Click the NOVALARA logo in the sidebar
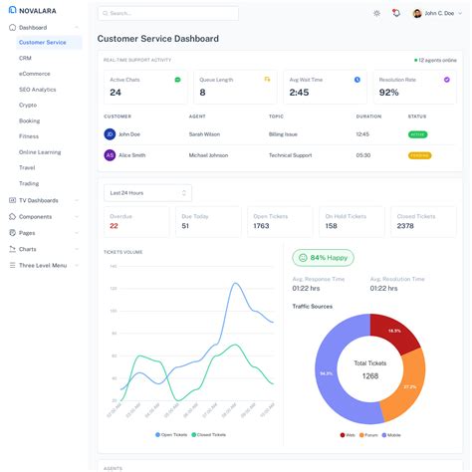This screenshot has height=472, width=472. (x=34, y=12)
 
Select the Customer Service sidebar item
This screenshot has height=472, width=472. (x=43, y=43)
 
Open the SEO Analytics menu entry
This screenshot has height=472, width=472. (x=38, y=89)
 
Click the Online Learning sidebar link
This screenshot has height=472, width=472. (x=40, y=151)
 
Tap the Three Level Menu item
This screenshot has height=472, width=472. (x=43, y=265)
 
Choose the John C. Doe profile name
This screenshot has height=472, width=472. (x=440, y=13)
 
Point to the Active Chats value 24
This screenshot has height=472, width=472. (x=116, y=93)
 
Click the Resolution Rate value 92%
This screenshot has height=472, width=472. (x=388, y=93)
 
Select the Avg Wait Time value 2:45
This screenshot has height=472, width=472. (x=299, y=93)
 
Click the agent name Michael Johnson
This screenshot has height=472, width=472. (x=208, y=155)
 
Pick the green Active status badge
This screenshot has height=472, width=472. (x=417, y=133)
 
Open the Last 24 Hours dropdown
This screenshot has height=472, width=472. (x=147, y=192)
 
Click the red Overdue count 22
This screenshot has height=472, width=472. (x=115, y=226)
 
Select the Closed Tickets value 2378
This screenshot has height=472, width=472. (x=405, y=226)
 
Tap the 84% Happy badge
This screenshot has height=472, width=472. (x=323, y=258)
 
